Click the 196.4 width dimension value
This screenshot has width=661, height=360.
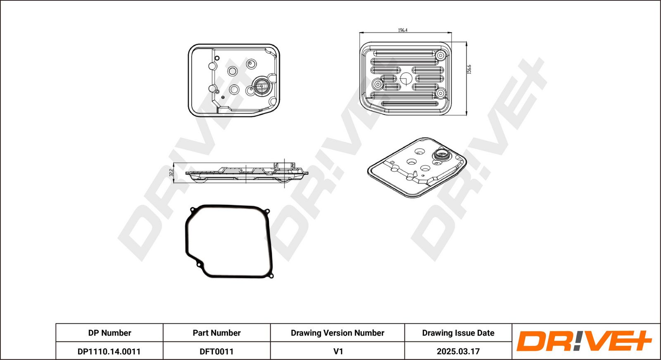click(x=402, y=30)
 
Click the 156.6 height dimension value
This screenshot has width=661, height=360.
click(x=469, y=69)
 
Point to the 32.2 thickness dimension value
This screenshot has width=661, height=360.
click(x=171, y=173)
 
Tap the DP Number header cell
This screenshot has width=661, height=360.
click(x=109, y=333)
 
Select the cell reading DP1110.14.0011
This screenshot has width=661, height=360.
click(x=109, y=351)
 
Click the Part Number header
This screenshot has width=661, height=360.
click(x=216, y=333)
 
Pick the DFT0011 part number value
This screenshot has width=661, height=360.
click(x=216, y=351)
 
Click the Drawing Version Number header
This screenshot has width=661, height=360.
click(x=337, y=333)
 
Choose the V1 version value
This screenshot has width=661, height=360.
click(x=338, y=351)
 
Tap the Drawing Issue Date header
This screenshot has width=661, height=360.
click(x=458, y=333)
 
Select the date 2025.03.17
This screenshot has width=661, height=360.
click(x=458, y=351)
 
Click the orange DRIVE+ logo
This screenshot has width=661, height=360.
click(x=584, y=341)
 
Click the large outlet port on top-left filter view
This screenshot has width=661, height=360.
click(x=261, y=86)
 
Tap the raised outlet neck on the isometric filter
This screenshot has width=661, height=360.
click(x=441, y=154)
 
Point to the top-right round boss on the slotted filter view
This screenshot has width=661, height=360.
click(x=440, y=55)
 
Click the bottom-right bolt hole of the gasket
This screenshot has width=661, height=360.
click(x=271, y=276)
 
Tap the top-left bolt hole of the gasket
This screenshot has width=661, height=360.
click(x=193, y=210)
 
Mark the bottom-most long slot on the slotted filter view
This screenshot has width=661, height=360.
click(x=410, y=104)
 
